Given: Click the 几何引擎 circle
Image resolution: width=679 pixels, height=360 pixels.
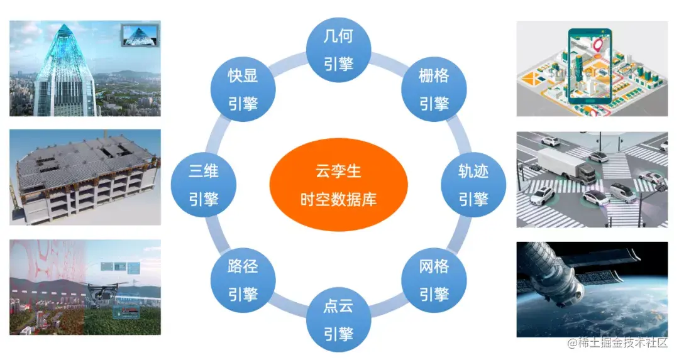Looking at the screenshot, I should [x=338, y=50].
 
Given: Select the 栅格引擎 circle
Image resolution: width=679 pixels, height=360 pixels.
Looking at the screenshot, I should [x=433, y=89].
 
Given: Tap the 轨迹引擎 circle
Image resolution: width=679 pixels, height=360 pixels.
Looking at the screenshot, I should [x=473, y=185].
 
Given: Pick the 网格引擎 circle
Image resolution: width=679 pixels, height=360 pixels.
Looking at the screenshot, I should [x=433, y=280].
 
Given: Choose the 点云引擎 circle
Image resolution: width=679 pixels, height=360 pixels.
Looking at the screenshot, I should [x=338, y=320].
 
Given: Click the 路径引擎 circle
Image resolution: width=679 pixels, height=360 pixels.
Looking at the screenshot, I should [x=243, y=280].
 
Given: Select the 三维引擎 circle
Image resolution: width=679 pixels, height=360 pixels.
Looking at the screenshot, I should [x=204, y=185].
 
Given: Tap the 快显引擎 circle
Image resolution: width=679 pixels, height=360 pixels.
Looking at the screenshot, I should [x=243, y=89].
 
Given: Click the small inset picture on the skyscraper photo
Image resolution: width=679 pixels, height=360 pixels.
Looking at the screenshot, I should [x=139, y=35].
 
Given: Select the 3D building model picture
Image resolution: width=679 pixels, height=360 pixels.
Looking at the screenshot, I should [x=85, y=177].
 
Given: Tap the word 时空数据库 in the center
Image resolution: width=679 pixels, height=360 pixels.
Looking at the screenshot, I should [x=338, y=199].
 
